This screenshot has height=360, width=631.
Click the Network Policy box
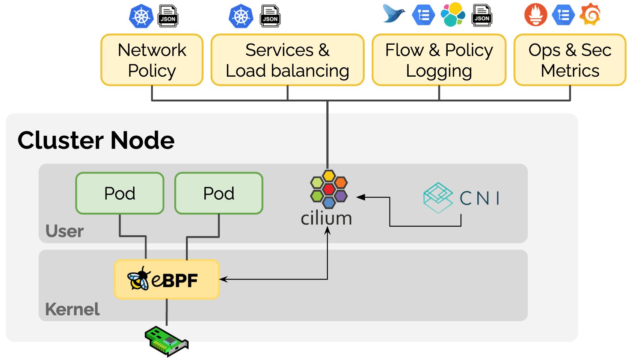tap(152, 60)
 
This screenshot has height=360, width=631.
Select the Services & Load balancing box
tap(287, 60)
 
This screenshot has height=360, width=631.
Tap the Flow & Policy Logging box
tap(439, 60)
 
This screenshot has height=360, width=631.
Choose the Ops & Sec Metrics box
tap(570, 60)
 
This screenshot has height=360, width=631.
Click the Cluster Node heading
tap(96, 141)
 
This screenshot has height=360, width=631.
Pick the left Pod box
tap(120, 193)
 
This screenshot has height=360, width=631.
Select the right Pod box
tap(219, 193)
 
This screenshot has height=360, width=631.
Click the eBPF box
tap(166, 280)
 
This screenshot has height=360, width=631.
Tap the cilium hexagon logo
tap(329, 189)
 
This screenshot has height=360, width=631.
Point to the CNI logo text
tap(480, 198)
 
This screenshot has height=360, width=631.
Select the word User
tap(65, 231)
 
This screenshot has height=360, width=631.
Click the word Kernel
tap(72, 309)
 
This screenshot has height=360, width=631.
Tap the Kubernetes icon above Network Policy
tap(141, 16)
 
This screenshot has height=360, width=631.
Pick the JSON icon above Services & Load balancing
tap(270, 16)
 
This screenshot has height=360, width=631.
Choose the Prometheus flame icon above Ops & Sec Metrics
tap(536, 15)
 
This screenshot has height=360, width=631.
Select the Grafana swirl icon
tap(590, 15)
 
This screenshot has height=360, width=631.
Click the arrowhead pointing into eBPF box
tap(222, 279)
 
